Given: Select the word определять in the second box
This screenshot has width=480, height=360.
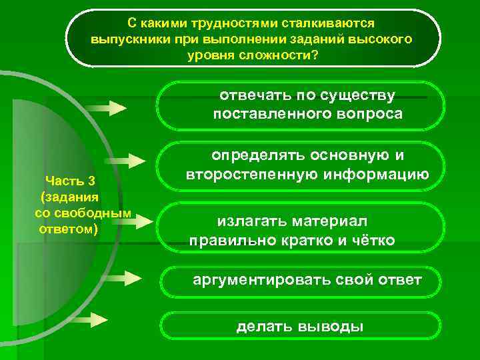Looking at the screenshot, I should click(257, 156).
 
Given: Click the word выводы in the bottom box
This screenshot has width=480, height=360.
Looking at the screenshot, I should click(333, 327).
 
